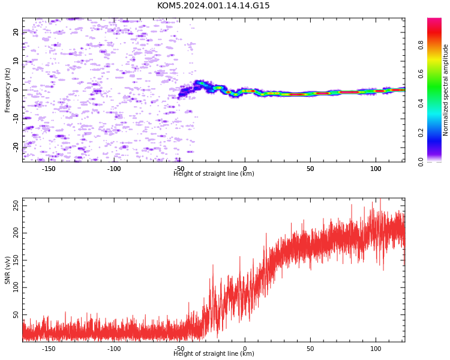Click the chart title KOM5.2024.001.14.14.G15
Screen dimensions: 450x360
213,5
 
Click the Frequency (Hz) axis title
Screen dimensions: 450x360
7,90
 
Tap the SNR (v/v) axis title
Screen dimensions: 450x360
7,270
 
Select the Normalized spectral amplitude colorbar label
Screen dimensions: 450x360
445,90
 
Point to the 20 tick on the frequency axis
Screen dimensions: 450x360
16,32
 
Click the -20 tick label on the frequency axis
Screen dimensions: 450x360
16,148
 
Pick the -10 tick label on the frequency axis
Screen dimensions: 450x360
16,119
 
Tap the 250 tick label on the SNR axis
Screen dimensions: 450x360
16,206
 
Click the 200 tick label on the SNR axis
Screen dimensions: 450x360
16,233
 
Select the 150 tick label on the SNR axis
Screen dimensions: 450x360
16,260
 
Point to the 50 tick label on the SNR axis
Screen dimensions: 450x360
16,314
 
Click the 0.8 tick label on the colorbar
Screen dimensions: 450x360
421,45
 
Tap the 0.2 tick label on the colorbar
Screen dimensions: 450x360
421,133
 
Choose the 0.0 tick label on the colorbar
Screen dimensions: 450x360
421,162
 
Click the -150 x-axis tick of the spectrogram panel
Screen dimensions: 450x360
49,169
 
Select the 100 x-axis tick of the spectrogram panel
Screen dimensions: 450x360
376,169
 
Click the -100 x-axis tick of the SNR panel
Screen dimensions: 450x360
114,349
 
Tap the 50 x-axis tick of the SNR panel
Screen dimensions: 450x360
310,349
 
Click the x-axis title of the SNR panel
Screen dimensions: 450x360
214,353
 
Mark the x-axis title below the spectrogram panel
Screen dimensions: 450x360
214,173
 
